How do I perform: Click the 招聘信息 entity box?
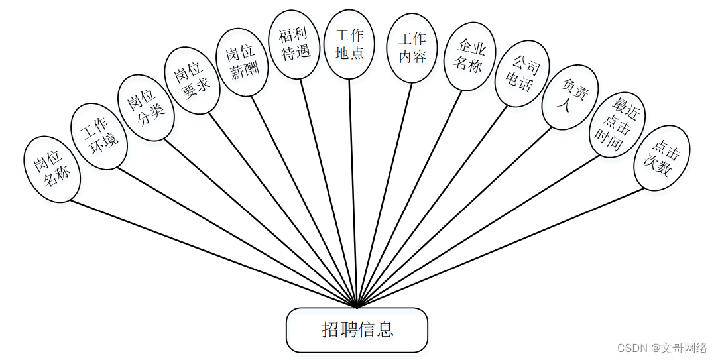pos(357,330)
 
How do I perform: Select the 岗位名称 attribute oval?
pos(52,168)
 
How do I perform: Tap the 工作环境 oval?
pos(99,137)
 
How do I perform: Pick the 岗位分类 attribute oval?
pos(146,107)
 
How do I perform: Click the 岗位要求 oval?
pos(192,80)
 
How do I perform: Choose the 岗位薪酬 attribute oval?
pos(243,62)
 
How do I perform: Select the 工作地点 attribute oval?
pos(349,44)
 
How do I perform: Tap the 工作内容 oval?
pos(412,48)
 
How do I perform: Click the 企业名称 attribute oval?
pos(469,56)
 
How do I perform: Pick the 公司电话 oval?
pos(522,74)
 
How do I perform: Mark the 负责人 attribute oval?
pos(570,97)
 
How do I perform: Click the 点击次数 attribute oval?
pos(662,158)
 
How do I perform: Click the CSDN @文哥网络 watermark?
pos(662,348)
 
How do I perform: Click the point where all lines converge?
pos(357,307)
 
